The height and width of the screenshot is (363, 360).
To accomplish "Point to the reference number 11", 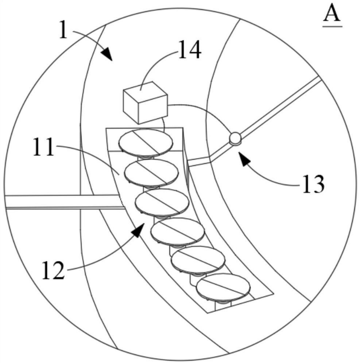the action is [x=43, y=149].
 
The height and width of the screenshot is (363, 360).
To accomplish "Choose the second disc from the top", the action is [x=151, y=172].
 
